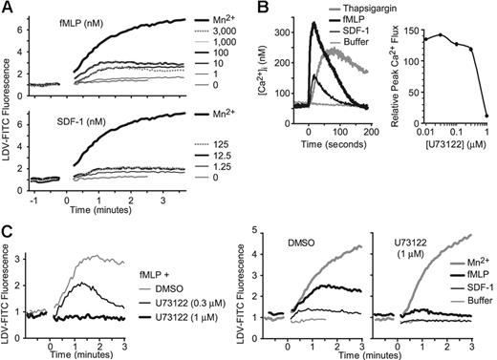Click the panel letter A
coord(7,8)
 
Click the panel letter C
coord(7,226)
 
